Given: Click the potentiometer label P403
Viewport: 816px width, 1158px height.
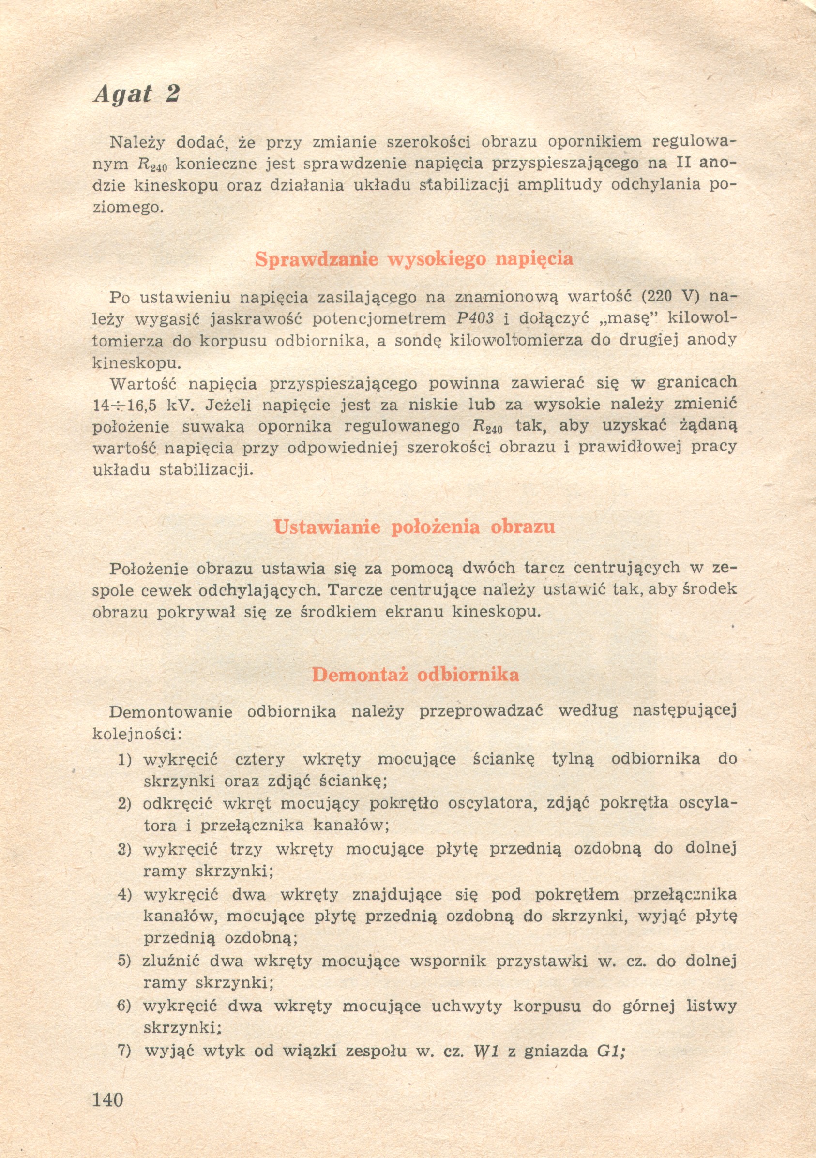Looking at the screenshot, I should point(474,319).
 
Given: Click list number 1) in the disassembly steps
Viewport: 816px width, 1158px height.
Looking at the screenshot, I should point(124,760).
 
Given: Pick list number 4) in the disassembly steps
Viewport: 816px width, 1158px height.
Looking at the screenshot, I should point(124,895).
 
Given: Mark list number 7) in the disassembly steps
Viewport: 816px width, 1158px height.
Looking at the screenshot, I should point(124,1051).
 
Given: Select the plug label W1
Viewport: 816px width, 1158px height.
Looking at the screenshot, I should point(485,1051).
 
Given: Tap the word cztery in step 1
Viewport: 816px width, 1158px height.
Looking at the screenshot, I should point(260,760).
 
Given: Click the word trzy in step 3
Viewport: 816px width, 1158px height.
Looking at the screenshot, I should point(246,849).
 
